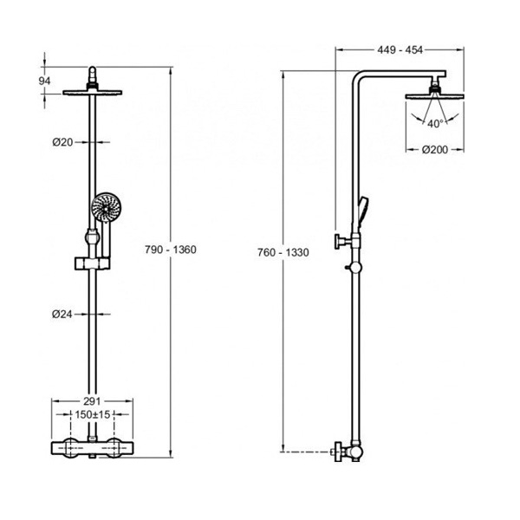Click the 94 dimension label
[44, 81]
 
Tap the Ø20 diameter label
[62, 142]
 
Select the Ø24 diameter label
[62, 314]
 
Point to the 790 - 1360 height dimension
[171, 250]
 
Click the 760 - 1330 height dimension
[283, 252]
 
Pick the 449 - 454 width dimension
[400, 49]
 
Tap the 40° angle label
[435, 124]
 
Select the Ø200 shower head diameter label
[435, 150]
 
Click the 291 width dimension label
[92, 401]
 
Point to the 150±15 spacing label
[92, 414]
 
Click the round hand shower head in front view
[106, 208]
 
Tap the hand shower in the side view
[363, 211]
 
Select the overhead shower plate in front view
[92, 93]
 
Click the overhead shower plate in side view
[434, 96]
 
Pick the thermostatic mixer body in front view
[92, 448]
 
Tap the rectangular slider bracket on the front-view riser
[92, 263]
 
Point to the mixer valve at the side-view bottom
[348, 452]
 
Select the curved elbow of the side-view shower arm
[358, 77]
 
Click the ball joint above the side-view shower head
[434, 87]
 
